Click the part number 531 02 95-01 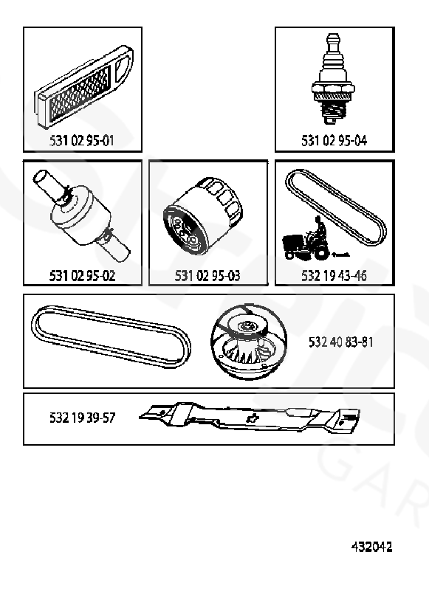click(x=81, y=141)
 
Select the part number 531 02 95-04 click(x=334, y=141)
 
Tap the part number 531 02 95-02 click(x=82, y=275)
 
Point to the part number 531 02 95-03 click(x=207, y=275)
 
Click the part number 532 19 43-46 click(x=334, y=275)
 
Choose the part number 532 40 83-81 click(x=341, y=342)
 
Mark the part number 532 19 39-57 click(x=82, y=418)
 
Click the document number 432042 click(x=371, y=547)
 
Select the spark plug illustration click(x=333, y=78)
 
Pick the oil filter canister click(x=202, y=216)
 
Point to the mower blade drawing click(x=250, y=418)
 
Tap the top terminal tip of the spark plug click(x=333, y=38)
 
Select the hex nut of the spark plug click(x=333, y=89)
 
